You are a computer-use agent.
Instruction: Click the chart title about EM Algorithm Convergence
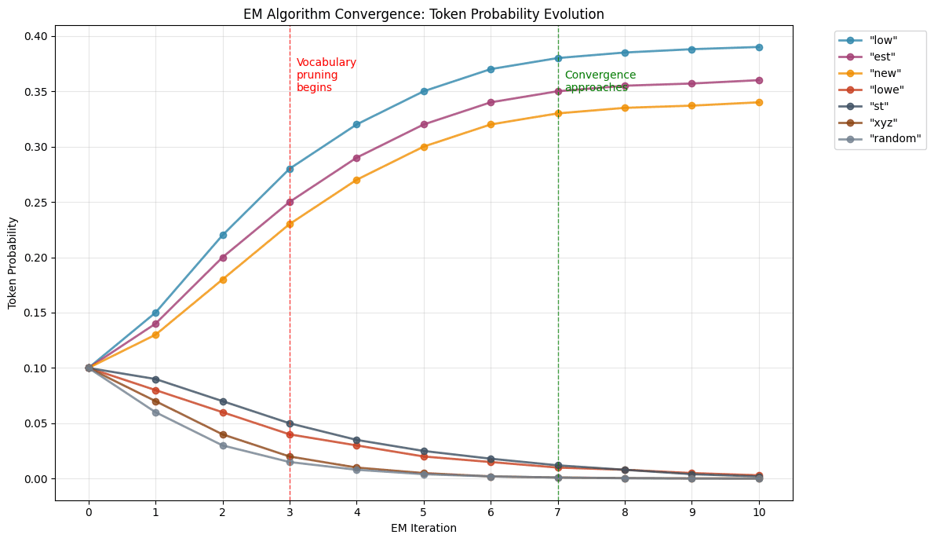pos(424,14)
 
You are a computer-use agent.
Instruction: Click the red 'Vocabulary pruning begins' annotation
pos(326,75)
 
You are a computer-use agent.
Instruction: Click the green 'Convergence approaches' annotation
pos(600,81)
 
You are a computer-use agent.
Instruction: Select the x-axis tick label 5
pos(424,512)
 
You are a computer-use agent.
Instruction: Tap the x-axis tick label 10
pos(759,512)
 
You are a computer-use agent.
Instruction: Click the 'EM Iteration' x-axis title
pos(424,529)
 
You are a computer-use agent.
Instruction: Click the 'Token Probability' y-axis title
pos(13,258)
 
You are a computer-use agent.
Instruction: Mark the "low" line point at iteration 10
pos(759,47)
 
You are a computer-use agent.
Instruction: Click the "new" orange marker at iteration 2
pos(223,280)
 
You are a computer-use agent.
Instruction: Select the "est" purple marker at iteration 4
pos(356,158)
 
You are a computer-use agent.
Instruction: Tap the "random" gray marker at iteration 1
pos(155,412)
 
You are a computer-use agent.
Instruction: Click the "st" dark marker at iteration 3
pos(290,423)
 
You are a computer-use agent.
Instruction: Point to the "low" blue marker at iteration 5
pos(424,91)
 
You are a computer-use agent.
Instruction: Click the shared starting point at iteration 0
pos(89,368)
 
